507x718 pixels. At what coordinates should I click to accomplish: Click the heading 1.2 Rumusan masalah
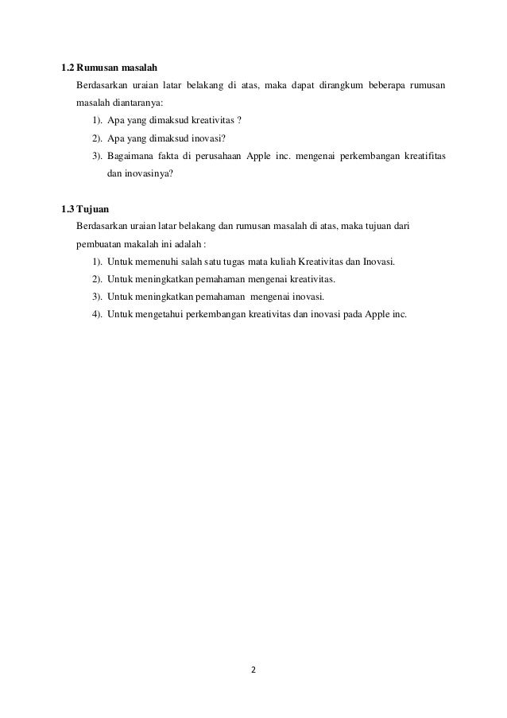[x=110, y=65]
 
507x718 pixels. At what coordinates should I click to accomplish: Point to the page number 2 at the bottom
[x=254, y=669]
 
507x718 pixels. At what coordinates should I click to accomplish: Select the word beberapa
[x=386, y=85]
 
